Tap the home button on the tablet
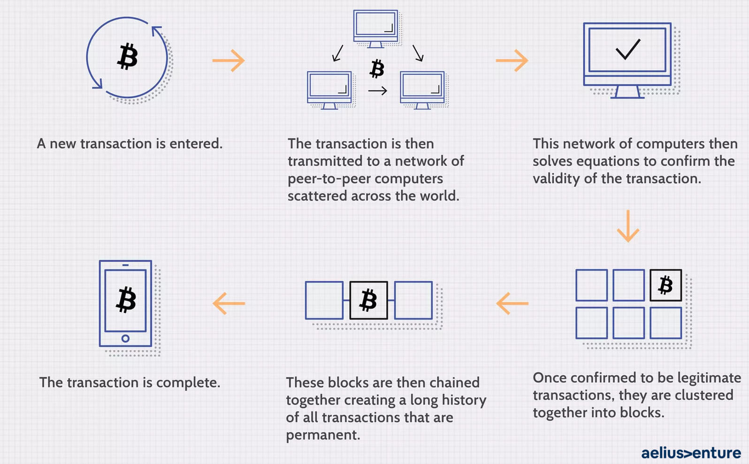(125, 339)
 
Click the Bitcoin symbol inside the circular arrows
(127, 56)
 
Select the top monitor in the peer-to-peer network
(375, 29)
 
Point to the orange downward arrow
(628, 226)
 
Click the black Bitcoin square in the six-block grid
(665, 285)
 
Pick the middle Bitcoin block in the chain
(368, 300)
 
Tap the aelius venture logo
(691, 453)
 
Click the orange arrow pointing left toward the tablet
(229, 303)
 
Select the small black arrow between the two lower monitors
(377, 91)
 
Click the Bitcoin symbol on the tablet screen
(126, 299)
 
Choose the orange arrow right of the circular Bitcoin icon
(229, 61)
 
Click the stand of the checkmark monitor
(627, 92)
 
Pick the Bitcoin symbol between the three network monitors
(377, 69)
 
